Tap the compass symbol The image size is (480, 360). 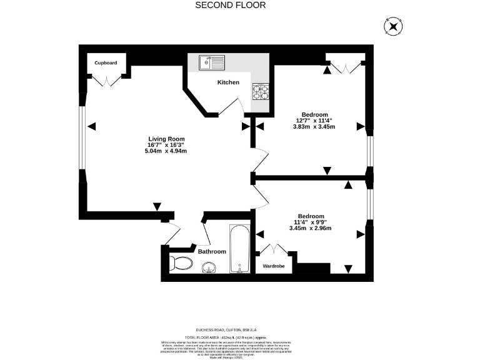point(392,26)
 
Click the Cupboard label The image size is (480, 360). point(106,63)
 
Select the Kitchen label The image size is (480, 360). point(228,82)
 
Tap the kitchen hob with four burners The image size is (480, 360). point(261,92)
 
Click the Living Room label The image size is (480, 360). point(166,139)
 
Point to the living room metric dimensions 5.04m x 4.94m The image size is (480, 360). point(166,151)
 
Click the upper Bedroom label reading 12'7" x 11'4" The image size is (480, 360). point(314,121)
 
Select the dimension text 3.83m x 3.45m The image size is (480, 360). point(314,127)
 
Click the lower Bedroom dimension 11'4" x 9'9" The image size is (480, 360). point(311,222)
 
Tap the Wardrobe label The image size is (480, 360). point(273,266)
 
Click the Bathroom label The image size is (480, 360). point(212,251)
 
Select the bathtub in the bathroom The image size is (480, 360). point(239,249)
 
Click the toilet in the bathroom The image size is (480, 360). point(181,262)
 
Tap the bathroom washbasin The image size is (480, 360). point(209,267)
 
